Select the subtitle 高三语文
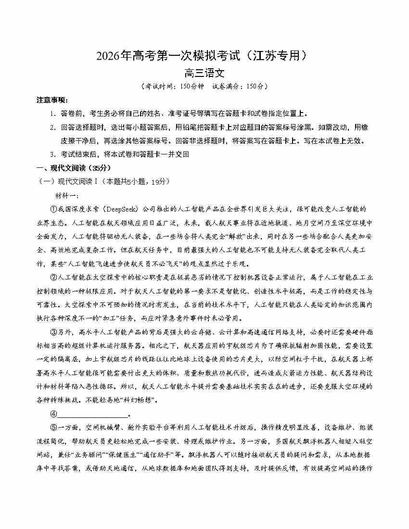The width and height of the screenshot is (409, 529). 204,74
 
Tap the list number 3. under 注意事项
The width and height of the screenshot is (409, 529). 53,154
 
